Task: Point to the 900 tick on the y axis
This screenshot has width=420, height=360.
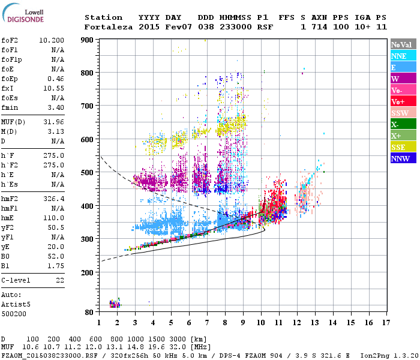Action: tap(88, 40)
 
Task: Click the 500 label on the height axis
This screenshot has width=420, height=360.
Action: tap(88, 173)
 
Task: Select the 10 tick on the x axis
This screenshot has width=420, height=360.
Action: tap(261, 322)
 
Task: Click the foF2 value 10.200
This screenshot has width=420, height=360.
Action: tap(53, 41)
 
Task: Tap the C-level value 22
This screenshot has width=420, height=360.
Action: tap(60, 280)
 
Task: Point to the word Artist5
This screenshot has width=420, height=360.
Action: tap(16, 304)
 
